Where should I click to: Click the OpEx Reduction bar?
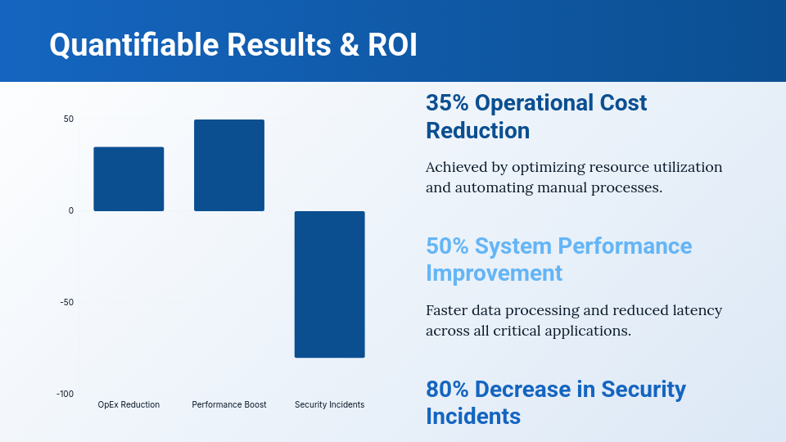pos(129,179)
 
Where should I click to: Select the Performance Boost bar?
pos(229,165)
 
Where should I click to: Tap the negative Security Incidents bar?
pos(329,284)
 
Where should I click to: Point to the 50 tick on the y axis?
pos(69,120)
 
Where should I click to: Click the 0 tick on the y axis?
pos(71,211)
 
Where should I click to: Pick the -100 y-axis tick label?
pos(65,395)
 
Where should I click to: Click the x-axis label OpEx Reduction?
pos(129,405)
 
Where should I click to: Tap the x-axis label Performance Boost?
pos(229,405)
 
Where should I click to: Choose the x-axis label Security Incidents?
pos(329,405)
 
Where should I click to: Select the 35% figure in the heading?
pos(447,103)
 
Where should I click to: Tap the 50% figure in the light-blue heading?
pos(447,246)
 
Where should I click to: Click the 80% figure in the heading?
pos(447,390)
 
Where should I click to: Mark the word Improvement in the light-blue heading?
pos(494,273)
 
